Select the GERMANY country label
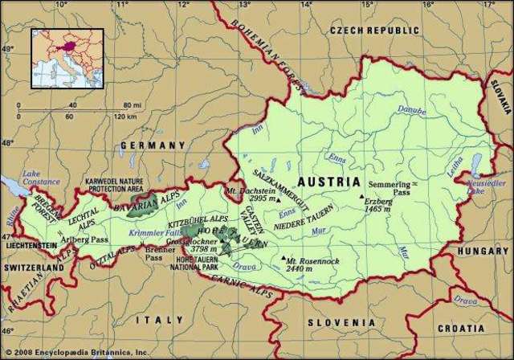[x=153, y=145]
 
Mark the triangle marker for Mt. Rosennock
[x=283, y=259]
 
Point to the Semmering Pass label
[x=390, y=189]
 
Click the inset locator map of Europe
[x=67, y=58]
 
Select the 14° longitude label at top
[x=308, y=6]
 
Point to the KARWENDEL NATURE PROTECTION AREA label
[x=121, y=185]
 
